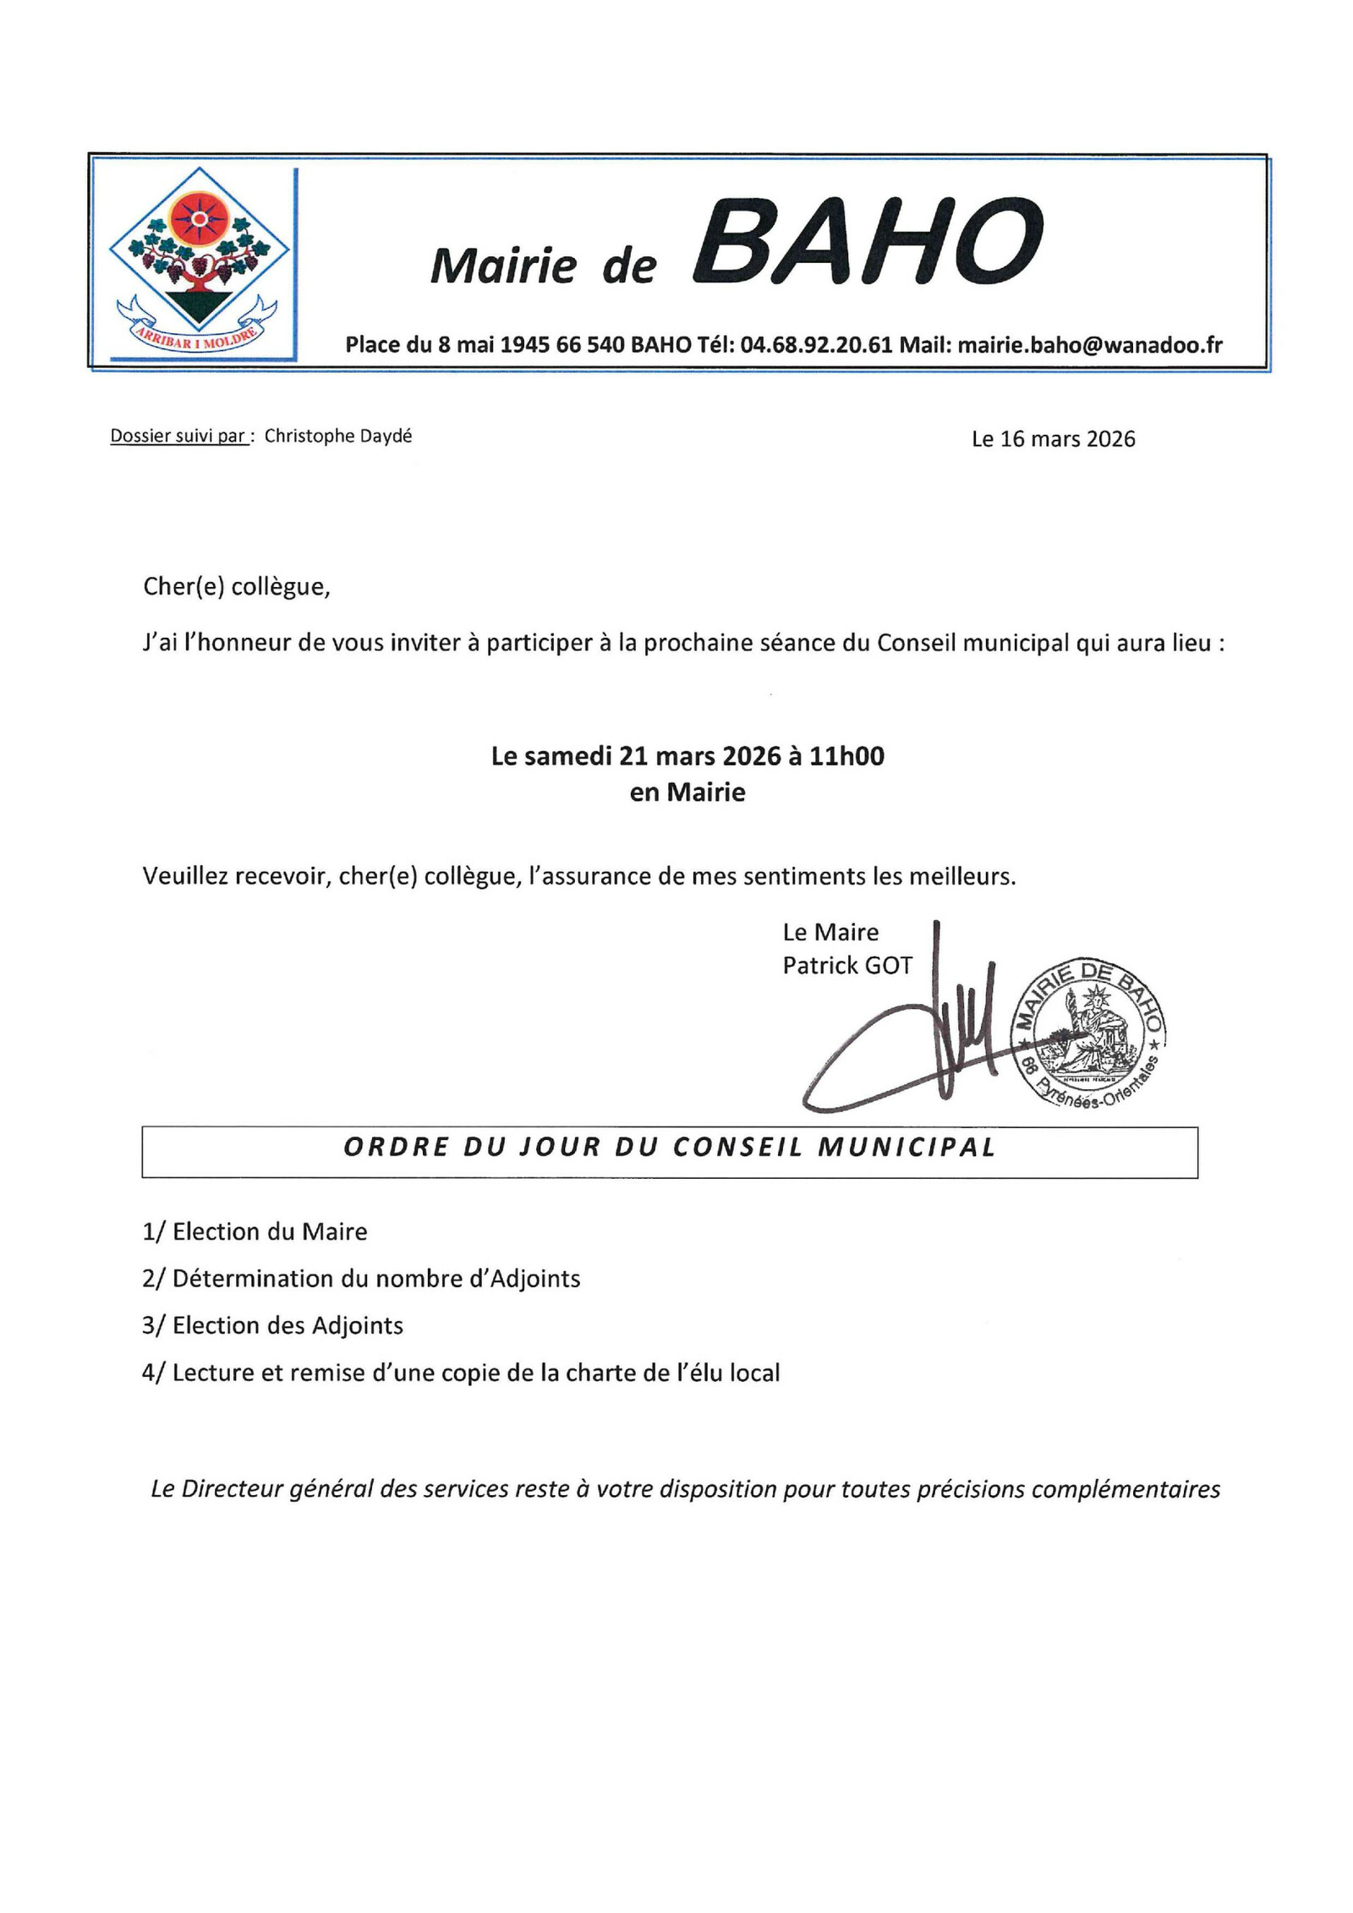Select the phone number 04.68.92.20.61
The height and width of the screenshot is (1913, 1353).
click(816, 345)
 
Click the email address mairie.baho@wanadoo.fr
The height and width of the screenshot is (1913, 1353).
click(1090, 345)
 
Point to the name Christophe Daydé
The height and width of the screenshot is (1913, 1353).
click(337, 436)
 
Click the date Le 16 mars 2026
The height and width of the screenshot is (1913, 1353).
click(1053, 440)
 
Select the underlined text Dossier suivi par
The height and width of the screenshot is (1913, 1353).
click(178, 437)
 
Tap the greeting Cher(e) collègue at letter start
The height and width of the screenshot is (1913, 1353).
click(236, 587)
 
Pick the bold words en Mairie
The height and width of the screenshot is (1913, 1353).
click(687, 793)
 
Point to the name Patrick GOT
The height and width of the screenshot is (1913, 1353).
click(847, 966)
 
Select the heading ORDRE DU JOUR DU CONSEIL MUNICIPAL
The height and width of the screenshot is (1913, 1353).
click(669, 1148)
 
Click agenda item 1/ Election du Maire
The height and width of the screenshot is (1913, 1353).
click(255, 1232)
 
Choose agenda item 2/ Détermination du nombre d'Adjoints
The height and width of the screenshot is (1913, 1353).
click(361, 1279)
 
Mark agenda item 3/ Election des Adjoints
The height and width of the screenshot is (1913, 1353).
click(272, 1325)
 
